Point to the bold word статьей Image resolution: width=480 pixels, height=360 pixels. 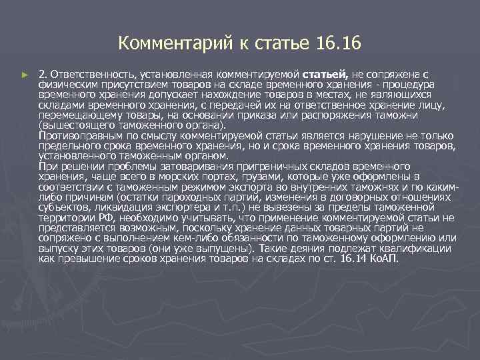pos(325,74)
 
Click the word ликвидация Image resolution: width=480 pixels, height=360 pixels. pos(109,207)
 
